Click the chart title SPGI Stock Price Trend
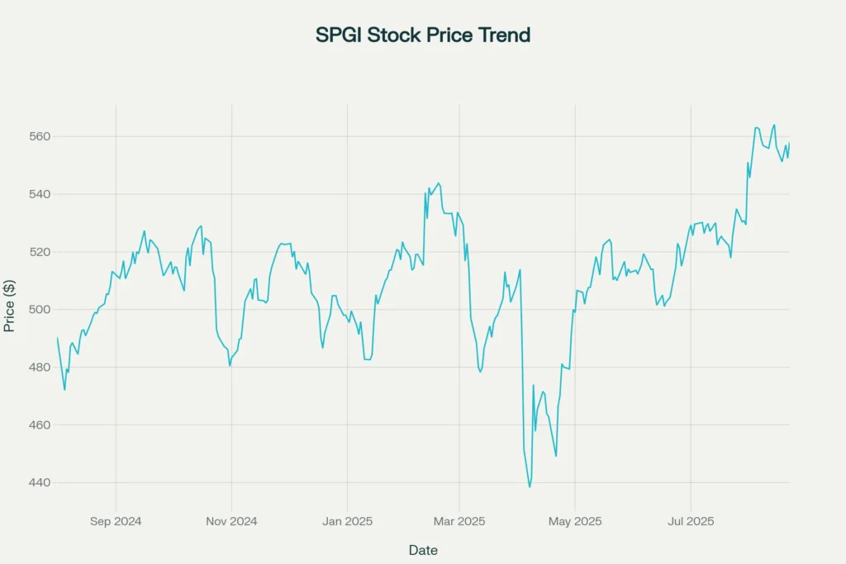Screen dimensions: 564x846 pos(423,36)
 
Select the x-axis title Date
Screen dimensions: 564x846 pos(423,550)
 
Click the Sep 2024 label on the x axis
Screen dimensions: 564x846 pos(116,521)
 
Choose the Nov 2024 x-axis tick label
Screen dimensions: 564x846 pos(231,521)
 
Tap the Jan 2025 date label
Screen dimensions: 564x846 pos(347,521)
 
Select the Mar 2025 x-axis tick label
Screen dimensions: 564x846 pos(459,521)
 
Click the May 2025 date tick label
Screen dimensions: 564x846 pos(575,521)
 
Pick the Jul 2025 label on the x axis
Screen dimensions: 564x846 pos(691,521)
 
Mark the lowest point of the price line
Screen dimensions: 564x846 pos(530,486)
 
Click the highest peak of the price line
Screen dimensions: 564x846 pos(774,125)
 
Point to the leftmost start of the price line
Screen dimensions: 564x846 pos(57,338)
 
